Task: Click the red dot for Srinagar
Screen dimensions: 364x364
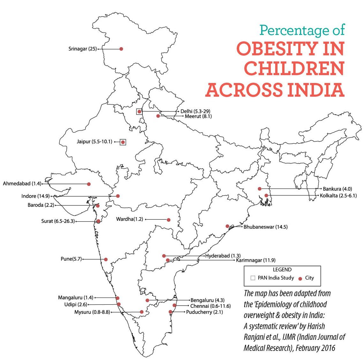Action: coord(121,49)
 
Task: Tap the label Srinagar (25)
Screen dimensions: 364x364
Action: coord(82,49)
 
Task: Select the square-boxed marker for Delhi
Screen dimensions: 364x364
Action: coord(139,112)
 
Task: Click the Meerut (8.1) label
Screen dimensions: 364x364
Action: coord(198,116)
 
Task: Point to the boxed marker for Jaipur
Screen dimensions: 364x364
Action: coord(123,142)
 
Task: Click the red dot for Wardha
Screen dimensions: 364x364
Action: coord(169,220)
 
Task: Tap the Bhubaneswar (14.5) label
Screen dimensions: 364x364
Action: coord(265,227)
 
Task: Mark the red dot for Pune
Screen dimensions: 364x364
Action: coord(106,259)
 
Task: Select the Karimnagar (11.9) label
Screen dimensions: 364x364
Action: coord(256,260)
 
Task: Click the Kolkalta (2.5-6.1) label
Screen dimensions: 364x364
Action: coord(338,195)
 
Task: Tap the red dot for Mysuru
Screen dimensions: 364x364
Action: coord(141,312)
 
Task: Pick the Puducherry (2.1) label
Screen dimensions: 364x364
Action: coord(204,312)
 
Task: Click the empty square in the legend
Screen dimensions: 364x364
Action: coord(253,278)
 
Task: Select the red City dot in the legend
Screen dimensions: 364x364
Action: coord(300,278)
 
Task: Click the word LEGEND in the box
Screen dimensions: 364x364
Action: coord(282,270)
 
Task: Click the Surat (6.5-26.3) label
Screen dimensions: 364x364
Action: coord(58,221)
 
